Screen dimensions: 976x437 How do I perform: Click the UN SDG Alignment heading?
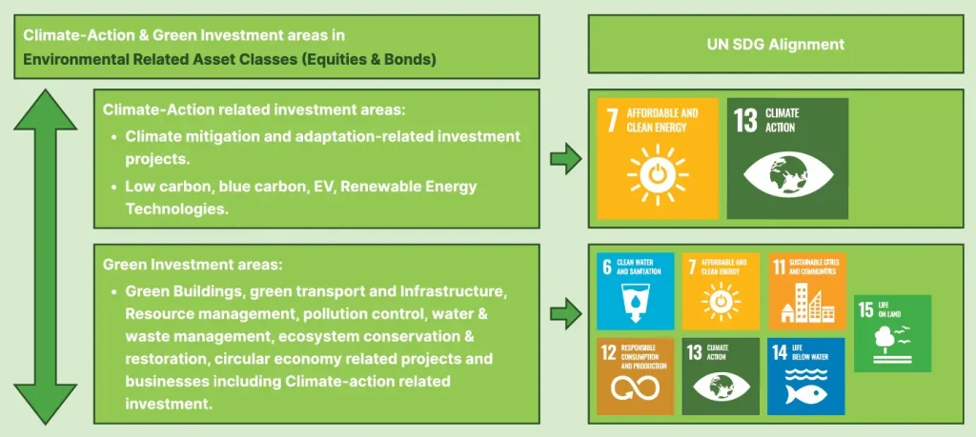click(776, 44)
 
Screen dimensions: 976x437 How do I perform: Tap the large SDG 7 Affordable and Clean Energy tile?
click(658, 158)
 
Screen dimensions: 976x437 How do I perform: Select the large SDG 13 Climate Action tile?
click(787, 158)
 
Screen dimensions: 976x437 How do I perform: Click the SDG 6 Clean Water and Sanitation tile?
click(636, 291)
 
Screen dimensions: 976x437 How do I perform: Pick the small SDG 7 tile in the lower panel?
click(721, 291)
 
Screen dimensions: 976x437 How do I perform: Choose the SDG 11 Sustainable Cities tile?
click(806, 291)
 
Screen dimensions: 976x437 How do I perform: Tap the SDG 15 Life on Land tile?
click(892, 333)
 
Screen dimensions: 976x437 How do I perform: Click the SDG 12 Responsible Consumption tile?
click(636, 376)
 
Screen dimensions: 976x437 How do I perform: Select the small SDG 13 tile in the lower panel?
click(721, 376)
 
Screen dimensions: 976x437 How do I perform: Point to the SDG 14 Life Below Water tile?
click(806, 376)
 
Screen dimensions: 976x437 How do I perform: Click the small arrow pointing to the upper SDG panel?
click(566, 159)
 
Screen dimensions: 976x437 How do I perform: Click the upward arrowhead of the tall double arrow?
click(46, 109)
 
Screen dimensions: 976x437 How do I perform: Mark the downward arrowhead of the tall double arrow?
click(46, 405)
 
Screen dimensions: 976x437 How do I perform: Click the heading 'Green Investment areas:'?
click(193, 265)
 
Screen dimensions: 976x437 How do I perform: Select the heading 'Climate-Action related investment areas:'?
click(254, 110)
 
